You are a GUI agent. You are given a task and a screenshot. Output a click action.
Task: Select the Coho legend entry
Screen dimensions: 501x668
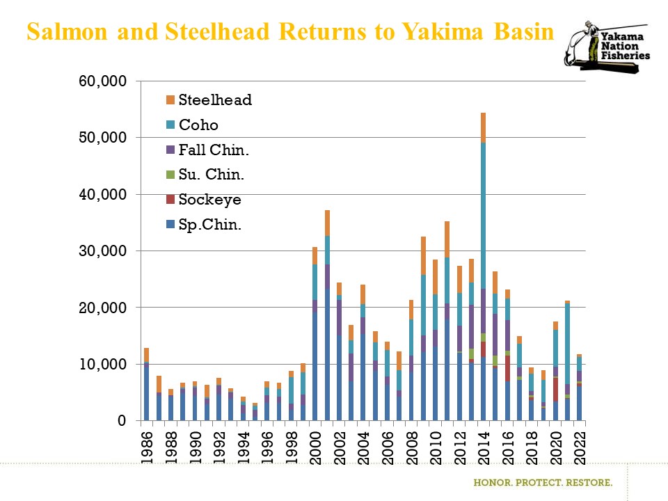coord(198,125)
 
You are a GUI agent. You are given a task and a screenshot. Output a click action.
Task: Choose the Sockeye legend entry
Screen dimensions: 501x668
coord(209,200)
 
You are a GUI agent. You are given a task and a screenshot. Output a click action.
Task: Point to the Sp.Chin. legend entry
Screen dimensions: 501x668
coord(209,225)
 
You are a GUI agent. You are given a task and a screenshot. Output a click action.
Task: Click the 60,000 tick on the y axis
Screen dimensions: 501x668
coord(102,81)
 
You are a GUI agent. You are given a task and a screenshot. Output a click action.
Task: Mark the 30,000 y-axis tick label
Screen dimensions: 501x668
coord(102,250)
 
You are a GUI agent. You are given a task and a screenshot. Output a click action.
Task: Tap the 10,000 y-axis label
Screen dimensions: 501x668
coord(102,364)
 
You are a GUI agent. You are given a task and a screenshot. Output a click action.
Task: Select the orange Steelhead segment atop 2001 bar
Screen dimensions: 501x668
coord(327,223)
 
